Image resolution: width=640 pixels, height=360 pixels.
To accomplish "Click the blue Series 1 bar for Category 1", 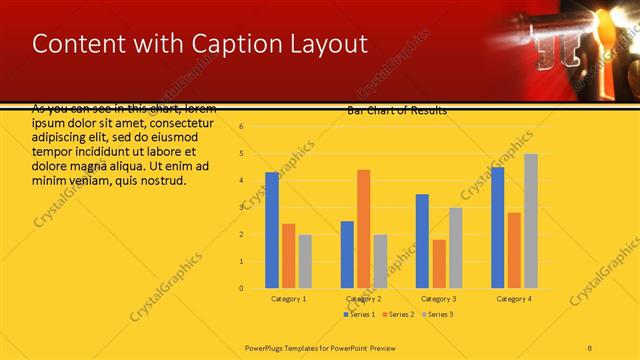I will [272, 230].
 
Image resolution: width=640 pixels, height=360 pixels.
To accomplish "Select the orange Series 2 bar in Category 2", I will [363, 229].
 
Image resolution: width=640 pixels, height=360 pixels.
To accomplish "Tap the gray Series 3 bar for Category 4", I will [531, 221].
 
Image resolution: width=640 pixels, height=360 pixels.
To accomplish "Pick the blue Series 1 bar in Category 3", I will [422, 241].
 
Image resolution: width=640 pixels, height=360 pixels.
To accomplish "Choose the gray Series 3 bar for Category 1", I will [305, 261].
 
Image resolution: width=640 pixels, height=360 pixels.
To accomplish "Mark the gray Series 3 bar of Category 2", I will [380, 261].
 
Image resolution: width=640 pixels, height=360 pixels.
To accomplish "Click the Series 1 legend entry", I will [361, 314].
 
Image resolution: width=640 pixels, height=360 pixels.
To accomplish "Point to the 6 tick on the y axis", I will [241, 126].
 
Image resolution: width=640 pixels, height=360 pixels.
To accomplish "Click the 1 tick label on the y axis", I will [241, 261].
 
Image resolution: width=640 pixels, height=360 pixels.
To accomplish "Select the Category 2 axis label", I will [363, 299].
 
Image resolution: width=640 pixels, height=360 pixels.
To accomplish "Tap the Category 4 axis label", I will [514, 299].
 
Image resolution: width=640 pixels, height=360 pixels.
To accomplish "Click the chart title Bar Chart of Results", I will [397, 110].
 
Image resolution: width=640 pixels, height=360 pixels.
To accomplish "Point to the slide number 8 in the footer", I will [590, 346].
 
